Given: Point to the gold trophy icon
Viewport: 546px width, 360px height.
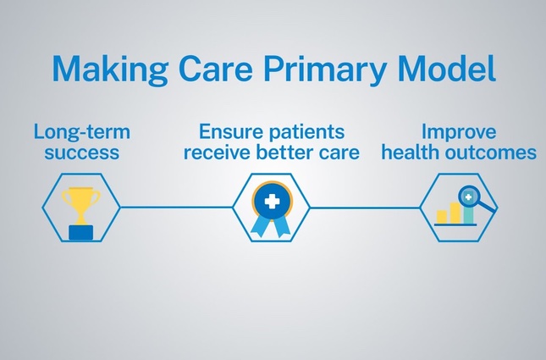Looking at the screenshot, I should tap(82, 204).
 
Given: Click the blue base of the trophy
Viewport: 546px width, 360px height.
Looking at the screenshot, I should tap(82, 230).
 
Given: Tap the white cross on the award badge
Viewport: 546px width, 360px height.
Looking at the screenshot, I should tap(272, 202).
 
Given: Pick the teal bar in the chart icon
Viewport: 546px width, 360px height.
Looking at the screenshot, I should tap(468, 213).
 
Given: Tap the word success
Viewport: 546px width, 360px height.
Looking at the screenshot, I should tap(83, 153).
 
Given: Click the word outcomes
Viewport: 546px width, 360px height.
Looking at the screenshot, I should tap(494, 153).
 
